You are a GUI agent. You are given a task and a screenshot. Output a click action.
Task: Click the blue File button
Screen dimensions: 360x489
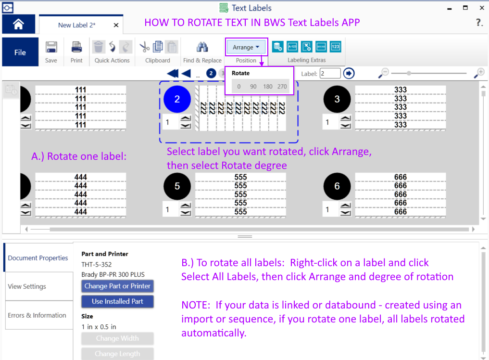click(x=20, y=52)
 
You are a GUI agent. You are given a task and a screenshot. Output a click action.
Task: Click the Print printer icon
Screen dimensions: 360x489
click(x=76, y=47)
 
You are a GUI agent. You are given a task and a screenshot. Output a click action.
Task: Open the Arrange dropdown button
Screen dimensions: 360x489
click(x=246, y=47)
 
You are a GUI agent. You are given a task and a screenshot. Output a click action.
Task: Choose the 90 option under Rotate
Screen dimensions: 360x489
click(x=253, y=87)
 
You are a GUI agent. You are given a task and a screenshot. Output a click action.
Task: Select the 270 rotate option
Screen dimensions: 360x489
click(x=282, y=87)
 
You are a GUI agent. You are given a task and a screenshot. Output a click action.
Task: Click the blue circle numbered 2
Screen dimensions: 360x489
click(x=177, y=99)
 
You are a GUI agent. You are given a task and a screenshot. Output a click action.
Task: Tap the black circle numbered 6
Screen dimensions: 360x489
click(x=337, y=186)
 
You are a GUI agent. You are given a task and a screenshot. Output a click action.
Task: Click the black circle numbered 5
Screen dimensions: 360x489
click(x=177, y=186)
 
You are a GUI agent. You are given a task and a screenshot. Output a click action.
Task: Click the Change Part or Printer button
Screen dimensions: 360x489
click(x=117, y=286)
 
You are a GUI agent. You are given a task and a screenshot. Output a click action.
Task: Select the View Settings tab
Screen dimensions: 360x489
click(x=27, y=286)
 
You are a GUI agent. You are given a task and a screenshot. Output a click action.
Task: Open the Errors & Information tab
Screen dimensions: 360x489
click(x=37, y=315)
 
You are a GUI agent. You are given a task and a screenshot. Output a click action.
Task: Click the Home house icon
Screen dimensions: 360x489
click(x=18, y=25)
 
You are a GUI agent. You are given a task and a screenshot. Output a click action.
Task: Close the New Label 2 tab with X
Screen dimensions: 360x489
click(x=116, y=25)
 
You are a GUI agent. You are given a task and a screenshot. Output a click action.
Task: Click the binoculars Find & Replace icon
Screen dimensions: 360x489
click(x=202, y=47)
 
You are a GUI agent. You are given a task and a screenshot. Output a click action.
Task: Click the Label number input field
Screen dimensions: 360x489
click(x=330, y=73)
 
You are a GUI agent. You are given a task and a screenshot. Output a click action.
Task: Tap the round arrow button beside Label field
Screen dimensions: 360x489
click(x=349, y=73)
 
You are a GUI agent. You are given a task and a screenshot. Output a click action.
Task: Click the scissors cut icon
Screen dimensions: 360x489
click(x=144, y=47)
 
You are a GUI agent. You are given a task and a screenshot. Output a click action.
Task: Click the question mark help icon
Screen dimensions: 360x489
click(x=479, y=23)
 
